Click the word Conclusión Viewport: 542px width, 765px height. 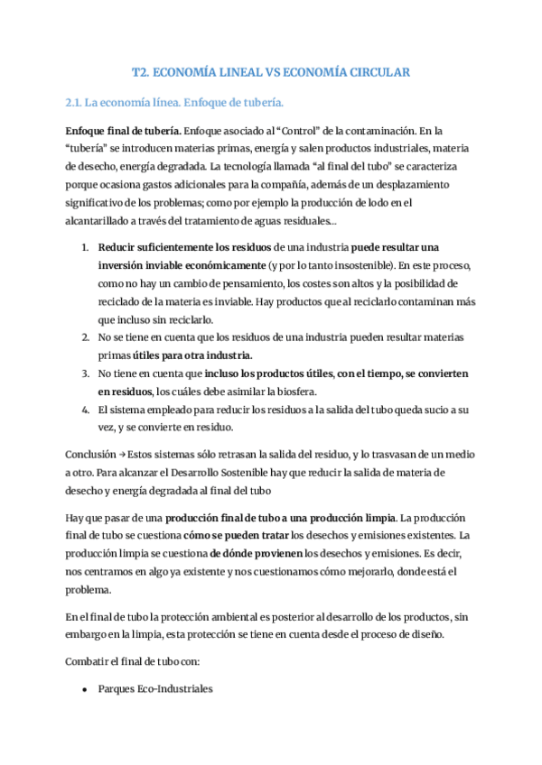90,454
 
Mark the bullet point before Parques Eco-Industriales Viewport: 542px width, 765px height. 84,689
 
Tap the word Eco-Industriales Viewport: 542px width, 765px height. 176,689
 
